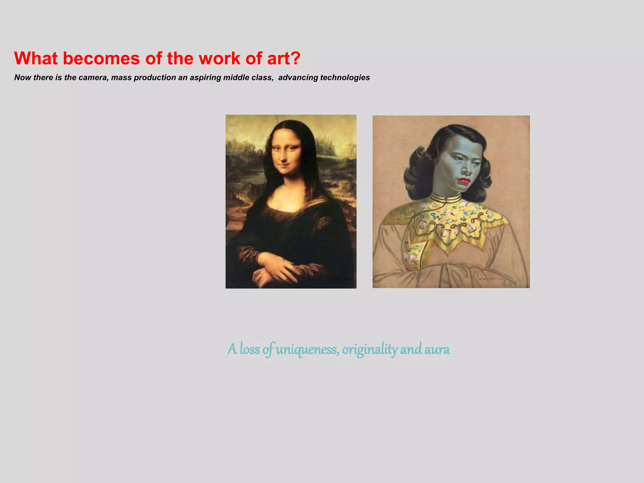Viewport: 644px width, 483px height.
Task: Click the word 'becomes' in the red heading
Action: (101, 58)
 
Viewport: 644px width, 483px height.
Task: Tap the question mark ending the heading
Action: (295, 58)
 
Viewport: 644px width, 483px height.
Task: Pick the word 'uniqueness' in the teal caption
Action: (308, 349)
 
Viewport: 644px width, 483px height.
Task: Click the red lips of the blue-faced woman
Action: (464, 181)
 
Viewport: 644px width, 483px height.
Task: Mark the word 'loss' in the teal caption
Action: (250, 349)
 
